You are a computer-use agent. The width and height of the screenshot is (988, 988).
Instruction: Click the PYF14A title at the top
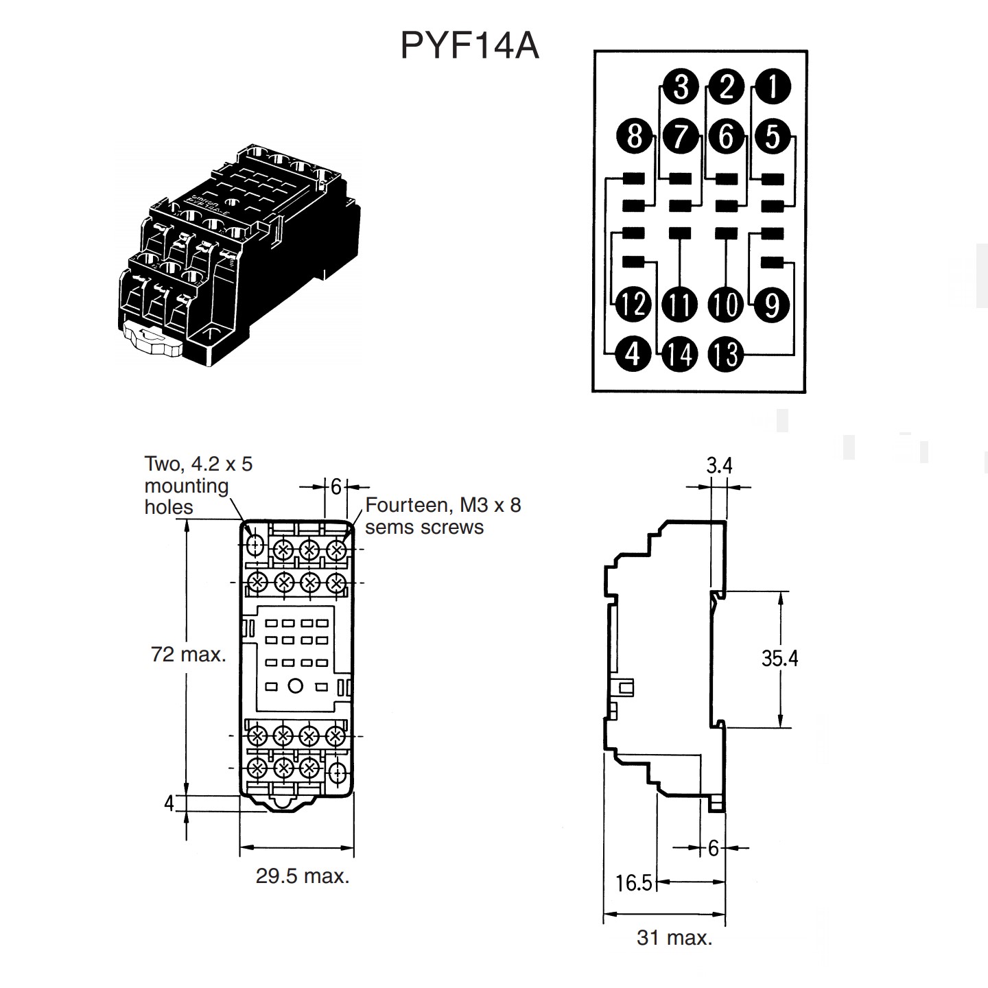[469, 46]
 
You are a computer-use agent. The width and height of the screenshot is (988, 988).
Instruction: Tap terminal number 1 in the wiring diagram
[773, 87]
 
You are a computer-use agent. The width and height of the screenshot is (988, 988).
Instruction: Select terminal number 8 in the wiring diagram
[634, 135]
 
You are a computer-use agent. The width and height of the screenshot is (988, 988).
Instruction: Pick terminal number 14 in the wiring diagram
[679, 354]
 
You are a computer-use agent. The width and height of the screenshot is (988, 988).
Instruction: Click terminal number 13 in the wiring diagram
[725, 354]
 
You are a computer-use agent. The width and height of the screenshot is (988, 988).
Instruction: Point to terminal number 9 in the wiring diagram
[772, 305]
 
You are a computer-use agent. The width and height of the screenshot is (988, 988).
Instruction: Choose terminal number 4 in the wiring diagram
[633, 354]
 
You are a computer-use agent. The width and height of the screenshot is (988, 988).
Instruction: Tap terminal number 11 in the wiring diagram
[679, 305]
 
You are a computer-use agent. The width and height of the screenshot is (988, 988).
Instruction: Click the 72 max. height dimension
[189, 655]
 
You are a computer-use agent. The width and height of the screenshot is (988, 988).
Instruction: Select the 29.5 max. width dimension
[303, 876]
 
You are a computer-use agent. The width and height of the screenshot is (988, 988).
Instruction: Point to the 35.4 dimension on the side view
[779, 659]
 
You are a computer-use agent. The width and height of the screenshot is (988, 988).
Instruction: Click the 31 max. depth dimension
[674, 938]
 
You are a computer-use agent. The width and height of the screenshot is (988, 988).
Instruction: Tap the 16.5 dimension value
[633, 883]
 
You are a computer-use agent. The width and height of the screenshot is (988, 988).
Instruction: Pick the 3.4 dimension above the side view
[719, 466]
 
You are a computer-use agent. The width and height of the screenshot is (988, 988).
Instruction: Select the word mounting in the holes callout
[187, 486]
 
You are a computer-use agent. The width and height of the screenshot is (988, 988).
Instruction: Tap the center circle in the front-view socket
[296, 685]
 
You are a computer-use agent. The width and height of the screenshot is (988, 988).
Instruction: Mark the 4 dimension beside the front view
[169, 803]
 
